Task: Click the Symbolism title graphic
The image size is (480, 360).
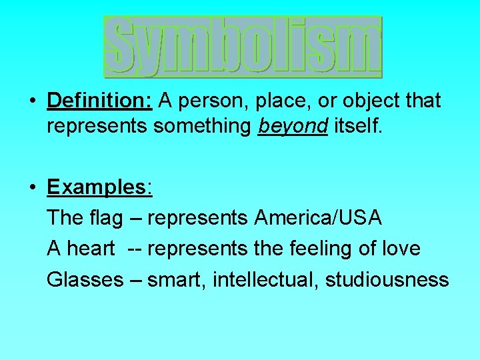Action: coord(243,47)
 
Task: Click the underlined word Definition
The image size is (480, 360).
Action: coord(100,101)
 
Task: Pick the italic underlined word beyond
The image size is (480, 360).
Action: coord(293,127)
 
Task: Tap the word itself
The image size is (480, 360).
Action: coord(359,126)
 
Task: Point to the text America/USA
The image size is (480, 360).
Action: coord(318,217)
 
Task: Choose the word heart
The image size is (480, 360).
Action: coord(91,249)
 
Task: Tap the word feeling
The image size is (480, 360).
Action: coord(329,249)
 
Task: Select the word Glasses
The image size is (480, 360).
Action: coord(85,279)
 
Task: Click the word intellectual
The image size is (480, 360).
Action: coord(265,279)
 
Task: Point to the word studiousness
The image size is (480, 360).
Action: coord(387,279)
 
